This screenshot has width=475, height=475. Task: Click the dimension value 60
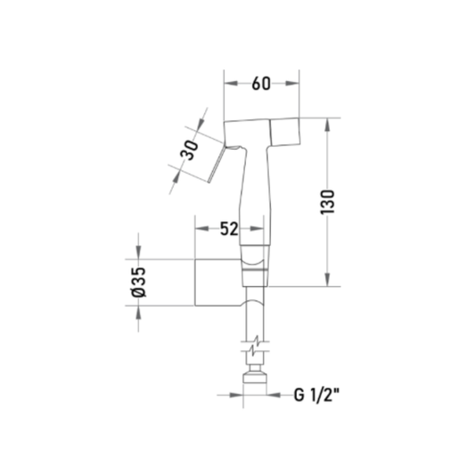pyautogui.click(x=261, y=84)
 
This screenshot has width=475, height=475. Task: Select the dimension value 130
pyautogui.click(x=327, y=201)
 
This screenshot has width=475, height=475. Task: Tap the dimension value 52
pyautogui.click(x=229, y=229)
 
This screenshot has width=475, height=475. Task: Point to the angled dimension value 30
pyautogui.click(x=189, y=150)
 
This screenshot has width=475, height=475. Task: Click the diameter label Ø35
pyautogui.click(x=139, y=282)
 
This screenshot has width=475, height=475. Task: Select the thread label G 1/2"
pyautogui.click(x=316, y=395)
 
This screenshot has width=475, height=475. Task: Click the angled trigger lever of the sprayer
pyautogui.click(x=217, y=164)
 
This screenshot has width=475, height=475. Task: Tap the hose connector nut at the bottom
pyautogui.click(x=255, y=378)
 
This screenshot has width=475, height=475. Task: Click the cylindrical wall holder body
pyautogui.click(x=218, y=283)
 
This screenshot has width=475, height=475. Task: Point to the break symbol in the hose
pyautogui.click(x=256, y=347)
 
